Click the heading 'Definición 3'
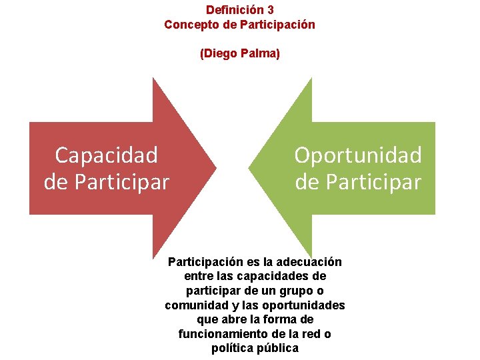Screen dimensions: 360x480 (239, 10)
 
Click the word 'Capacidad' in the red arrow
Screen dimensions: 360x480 (107, 155)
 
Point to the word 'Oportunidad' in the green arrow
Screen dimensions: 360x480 (358, 155)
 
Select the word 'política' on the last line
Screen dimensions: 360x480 (235, 349)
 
